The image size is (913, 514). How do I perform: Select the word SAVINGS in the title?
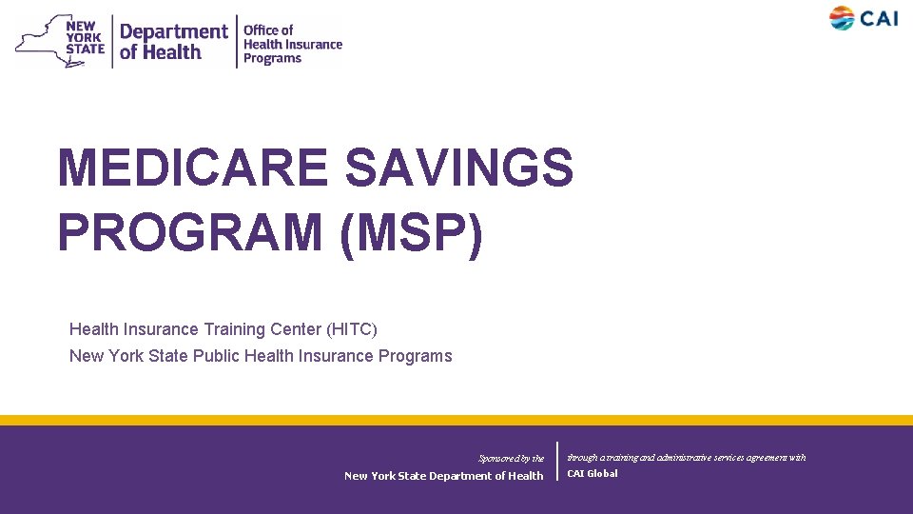click(459, 168)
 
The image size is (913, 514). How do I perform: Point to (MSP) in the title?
click(410, 233)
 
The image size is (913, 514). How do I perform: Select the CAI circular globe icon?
click(842, 18)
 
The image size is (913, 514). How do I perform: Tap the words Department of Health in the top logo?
click(174, 41)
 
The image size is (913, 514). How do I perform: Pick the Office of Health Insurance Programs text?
click(292, 44)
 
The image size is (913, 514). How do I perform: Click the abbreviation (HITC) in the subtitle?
click(352, 329)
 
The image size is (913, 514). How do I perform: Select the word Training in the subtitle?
click(234, 329)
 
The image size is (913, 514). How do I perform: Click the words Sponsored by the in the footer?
click(511, 459)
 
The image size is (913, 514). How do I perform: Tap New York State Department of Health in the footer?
click(443, 476)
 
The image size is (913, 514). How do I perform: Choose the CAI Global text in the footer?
click(592, 473)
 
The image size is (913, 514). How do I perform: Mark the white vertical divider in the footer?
click(556, 461)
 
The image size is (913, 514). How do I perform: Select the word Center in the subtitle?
click(295, 329)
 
